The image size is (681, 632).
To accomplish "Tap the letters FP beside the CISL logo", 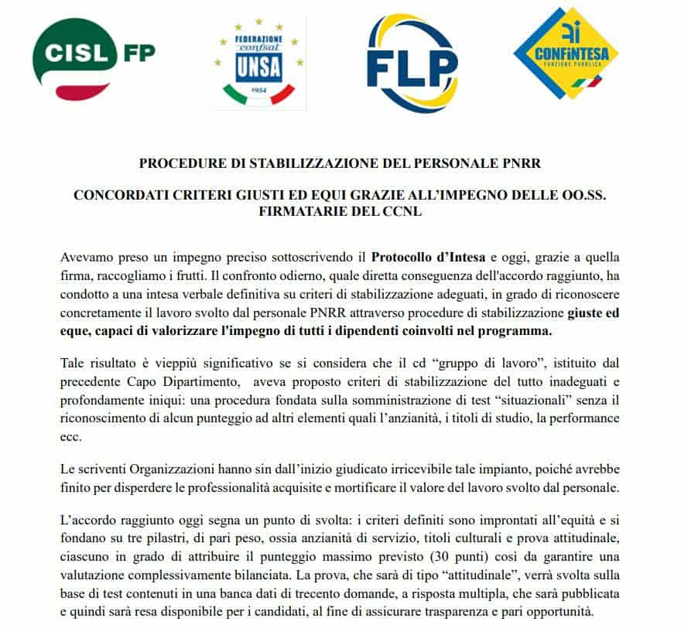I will point(138,53).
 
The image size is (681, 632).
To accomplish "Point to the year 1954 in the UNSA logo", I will point(258,91).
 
